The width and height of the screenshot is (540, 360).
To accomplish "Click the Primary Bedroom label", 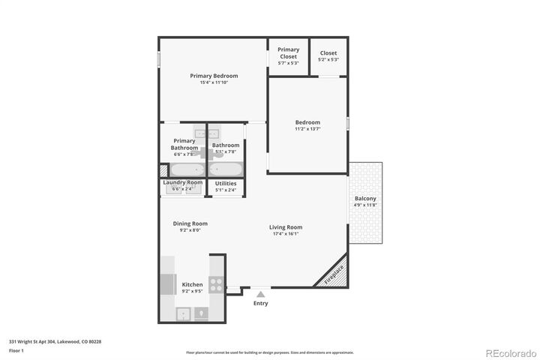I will [214, 76].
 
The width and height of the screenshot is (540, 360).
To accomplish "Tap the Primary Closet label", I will [288, 53].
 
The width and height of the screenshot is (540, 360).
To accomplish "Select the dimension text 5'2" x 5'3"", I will [328, 60].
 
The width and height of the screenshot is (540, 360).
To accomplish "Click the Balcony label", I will [365, 199].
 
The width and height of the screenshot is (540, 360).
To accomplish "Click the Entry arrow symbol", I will [260, 295].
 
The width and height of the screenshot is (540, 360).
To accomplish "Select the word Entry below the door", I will [260, 304].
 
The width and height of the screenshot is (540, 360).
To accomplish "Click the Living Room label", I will [286, 227].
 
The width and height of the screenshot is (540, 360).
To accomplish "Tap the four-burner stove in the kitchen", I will [216, 285].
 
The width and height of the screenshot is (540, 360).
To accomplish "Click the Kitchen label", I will [192, 285].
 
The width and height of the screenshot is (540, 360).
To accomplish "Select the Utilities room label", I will [226, 183].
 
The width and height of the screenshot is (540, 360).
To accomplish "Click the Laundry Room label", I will [183, 182].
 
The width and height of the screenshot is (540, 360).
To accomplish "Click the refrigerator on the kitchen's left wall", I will [167, 285].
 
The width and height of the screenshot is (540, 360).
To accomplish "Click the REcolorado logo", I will [509, 352].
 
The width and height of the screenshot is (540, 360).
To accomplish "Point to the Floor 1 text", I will [16, 350].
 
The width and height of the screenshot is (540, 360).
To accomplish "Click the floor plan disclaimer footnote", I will [269, 352].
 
